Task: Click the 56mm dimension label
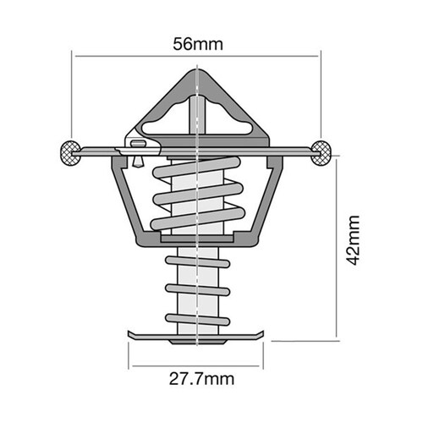pos(198,44)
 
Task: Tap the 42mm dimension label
pos(354,240)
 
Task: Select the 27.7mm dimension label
pos(201,379)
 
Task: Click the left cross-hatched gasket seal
pos(71,152)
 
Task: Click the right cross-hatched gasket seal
pos(321,152)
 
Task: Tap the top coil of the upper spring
pos(196,168)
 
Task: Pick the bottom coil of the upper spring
pos(198,219)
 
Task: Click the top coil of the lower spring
pos(197,261)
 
